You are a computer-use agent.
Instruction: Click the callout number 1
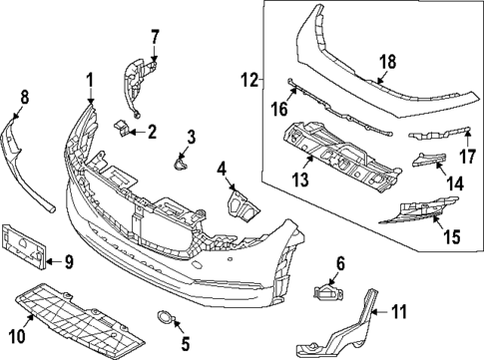point(89,80)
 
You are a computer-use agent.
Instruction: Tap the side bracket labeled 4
point(240,202)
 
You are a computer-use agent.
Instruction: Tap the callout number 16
point(280,107)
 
